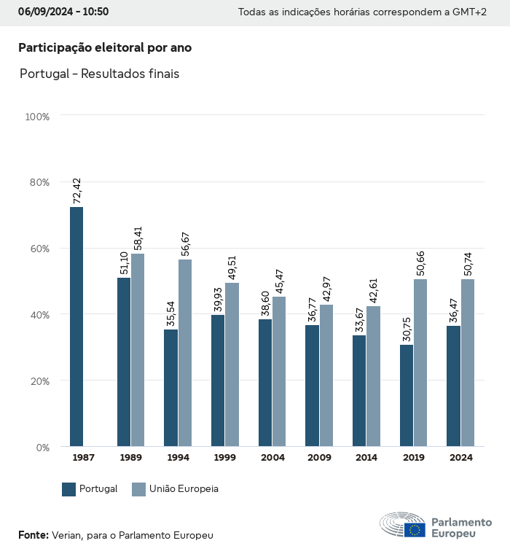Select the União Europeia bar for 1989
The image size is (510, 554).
pyautogui.click(x=138, y=350)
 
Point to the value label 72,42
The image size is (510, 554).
pyautogui.click(x=77, y=190)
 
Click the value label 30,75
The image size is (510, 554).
pyautogui.click(x=407, y=328)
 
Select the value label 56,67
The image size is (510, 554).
pyautogui.click(x=185, y=243)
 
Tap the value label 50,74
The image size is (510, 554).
pyautogui.click(x=468, y=262)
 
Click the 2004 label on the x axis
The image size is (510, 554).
pyautogui.click(x=273, y=458)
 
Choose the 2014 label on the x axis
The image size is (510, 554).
pyautogui.click(x=367, y=458)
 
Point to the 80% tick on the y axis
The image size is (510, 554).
pyautogui.click(x=37, y=182)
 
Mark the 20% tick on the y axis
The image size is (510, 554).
pyautogui.click(x=37, y=381)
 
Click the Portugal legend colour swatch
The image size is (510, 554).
pyautogui.click(x=69, y=489)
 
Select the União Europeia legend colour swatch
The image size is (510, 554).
pyautogui.click(x=138, y=489)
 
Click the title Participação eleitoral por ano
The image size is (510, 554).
pyautogui.click(x=105, y=47)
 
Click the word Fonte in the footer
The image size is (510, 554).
pyautogui.click(x=33, y=535)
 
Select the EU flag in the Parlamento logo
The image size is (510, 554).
pyautogui.click(x=415, y=530)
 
